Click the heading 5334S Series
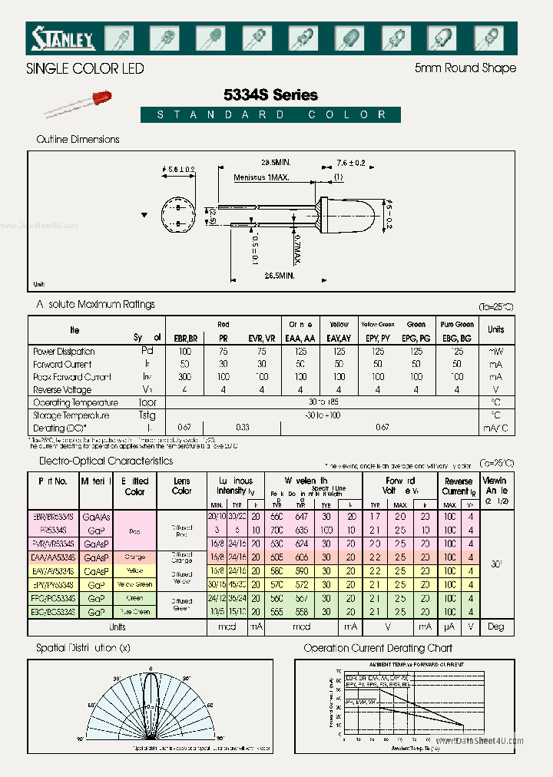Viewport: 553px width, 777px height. pyautogui.click(x=270, y=95)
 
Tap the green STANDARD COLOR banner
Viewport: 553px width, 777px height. pyautogui.click(x=270, y=115)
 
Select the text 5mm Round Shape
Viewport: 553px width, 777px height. pyautogui.click(x=465, y=68)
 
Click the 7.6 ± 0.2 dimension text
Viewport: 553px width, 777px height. pyautogui.click(x=350, y=163)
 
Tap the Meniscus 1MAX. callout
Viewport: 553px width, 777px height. pyautogui.click(x=262, y=177)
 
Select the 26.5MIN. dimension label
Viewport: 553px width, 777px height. pyautogui.click(x=280, y=274)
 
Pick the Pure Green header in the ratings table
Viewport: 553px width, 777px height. pyautogui.click(x=457, y=325)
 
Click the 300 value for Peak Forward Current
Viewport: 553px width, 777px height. pyautogui.click(x=184, y=377)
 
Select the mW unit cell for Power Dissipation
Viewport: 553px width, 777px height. pyautogui.click(x=495, y=351)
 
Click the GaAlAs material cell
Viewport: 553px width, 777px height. pyautogui.click(x=97, y=517)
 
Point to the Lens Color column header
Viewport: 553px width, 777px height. pyautogui.click(x=182, y=486)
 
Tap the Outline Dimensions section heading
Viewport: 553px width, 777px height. pyautogui.click(x=78, y=140)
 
